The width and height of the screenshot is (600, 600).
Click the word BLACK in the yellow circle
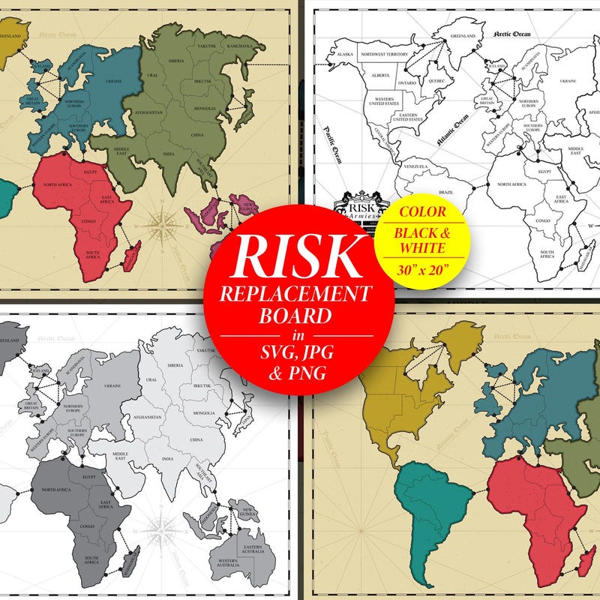(x=421, y=233)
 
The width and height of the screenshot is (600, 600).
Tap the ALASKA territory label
(x=345, y=55)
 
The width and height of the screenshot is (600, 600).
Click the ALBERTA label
(x=380, y=75)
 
